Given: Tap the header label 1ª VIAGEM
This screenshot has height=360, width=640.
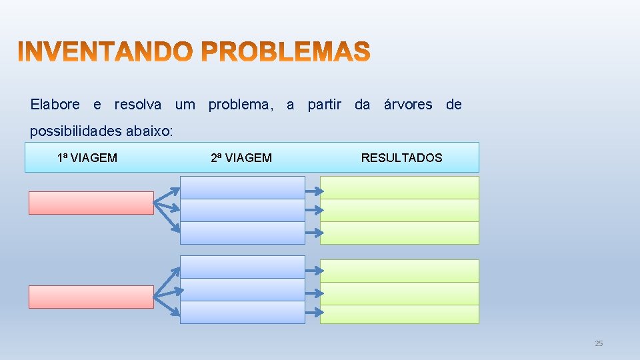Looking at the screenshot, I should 87,158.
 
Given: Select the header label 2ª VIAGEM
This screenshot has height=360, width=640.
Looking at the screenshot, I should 241,158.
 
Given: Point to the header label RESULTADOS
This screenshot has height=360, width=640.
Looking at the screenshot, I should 401,158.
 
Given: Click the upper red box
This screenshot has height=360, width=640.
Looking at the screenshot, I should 91,203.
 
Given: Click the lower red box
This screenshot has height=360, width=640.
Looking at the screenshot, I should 91,297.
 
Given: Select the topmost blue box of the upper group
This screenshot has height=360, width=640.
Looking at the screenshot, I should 242,187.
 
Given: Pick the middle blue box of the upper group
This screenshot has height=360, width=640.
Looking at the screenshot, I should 242,210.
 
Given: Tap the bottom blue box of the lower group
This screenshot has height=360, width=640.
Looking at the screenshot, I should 242,313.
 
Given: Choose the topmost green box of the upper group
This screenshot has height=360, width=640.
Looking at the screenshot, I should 399,187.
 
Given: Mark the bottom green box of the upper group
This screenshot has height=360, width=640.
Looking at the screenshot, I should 399,233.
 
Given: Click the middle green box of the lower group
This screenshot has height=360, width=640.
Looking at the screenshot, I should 399,293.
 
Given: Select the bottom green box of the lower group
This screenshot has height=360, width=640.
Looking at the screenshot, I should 399,314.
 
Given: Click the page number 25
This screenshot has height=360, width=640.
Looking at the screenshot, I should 598,343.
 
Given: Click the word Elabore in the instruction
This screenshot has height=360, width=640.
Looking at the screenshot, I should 55,105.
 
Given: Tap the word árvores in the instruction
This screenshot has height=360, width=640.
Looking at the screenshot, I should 408,105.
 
